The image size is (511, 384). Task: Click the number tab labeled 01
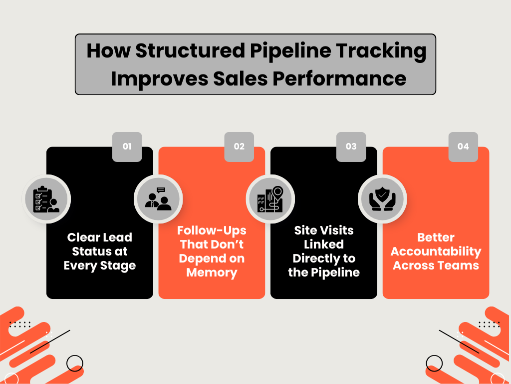coord(127,146)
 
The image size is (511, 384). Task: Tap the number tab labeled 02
coord(239,146)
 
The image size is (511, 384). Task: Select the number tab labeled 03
coord(351,146)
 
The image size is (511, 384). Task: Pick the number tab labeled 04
coord(463,146)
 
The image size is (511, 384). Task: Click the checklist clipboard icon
coord(46,199)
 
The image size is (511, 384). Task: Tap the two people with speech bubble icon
coord(158,199)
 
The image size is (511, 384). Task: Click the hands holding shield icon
coord(382,199)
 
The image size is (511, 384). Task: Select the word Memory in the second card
coord(212,272)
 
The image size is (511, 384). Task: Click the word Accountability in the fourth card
coord(436,251)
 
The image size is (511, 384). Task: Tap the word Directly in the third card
coord(324,258)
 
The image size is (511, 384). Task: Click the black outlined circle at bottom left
coord(74,362)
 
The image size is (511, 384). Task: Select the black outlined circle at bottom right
coord(435,362)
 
